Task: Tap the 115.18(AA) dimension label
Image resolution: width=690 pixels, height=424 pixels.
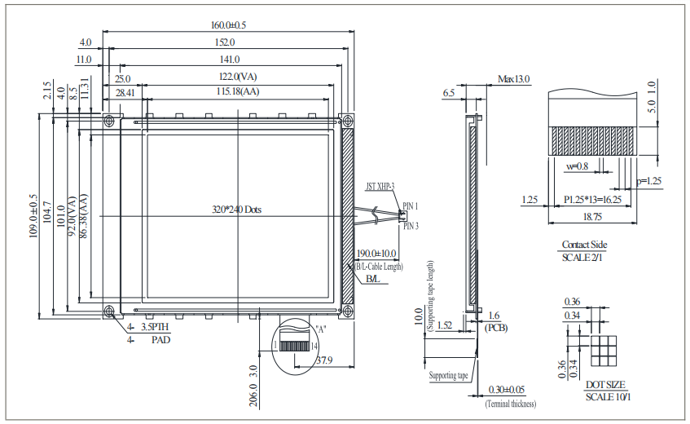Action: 238,91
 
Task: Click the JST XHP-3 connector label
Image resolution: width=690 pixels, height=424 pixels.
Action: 379,187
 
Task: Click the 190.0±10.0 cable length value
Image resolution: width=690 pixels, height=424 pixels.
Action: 378,254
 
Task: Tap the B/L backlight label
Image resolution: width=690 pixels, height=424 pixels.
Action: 372,280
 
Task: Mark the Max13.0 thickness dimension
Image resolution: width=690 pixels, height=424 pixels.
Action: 513,79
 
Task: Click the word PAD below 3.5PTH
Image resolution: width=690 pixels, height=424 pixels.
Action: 160,338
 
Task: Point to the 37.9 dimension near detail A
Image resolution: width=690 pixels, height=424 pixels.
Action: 324,360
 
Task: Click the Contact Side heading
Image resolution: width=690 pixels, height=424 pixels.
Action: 584,245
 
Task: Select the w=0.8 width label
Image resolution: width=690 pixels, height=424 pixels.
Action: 577,166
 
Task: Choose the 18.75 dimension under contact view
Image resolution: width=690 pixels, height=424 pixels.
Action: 592,218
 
